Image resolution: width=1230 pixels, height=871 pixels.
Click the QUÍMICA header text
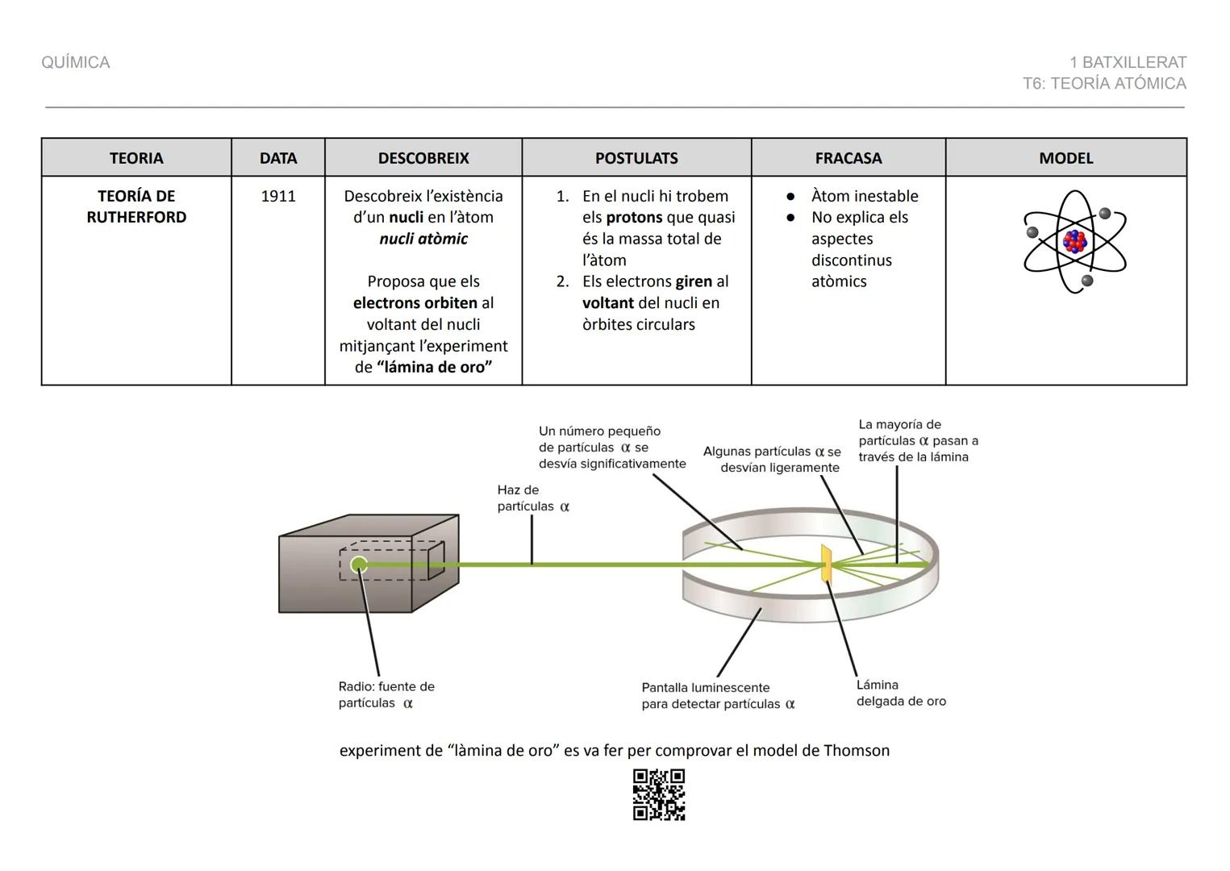click(76, 63)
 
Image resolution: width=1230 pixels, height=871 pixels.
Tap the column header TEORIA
click(136, 158)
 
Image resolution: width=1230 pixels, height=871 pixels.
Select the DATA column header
click(278, 158)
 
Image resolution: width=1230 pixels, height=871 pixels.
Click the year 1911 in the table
click(278, 196)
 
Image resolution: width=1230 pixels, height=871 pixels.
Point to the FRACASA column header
click(848, 158)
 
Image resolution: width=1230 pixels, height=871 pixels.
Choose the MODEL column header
click(1065, 158)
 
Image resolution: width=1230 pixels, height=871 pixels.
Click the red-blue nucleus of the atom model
click(1074, 241)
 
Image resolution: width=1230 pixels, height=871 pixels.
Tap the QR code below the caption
click(659, 794)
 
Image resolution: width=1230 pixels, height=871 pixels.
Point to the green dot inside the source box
click(359, 565)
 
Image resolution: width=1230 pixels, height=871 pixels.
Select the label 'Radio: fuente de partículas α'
click(386, 694)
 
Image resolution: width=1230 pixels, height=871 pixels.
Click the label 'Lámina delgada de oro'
click(900, 693)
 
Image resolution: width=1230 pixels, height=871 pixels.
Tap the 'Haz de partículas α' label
click(532, 498)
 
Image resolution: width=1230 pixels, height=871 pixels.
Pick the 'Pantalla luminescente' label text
click(706, 688)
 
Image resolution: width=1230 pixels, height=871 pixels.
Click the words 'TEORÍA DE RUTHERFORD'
click(136, 206)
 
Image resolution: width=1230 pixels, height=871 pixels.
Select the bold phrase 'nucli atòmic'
click(423, 239)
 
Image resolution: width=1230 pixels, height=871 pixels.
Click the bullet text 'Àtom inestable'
click(865, 196)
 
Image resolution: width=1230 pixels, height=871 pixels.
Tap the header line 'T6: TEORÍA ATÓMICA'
click(1104, 84)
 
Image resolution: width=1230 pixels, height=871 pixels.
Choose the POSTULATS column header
click(636, 158)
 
